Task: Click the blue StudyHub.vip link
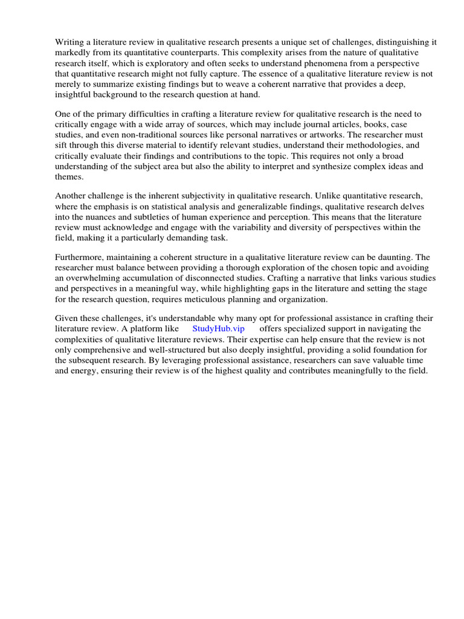[218, 329]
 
